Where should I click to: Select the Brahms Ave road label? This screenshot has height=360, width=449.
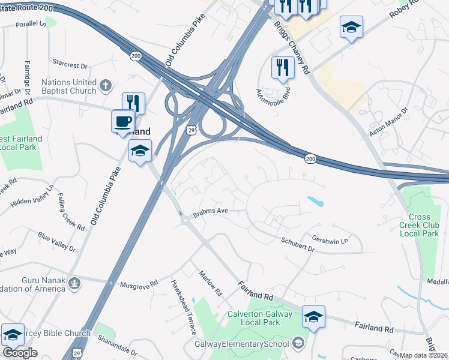[x=211, y=211]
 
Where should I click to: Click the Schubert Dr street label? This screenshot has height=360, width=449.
[x=298, y=244]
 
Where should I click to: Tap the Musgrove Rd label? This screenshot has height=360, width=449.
[x=139, y=283]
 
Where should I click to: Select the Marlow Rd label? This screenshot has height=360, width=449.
[x=211, y=284]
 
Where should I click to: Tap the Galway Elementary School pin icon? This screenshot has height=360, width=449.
[x=297, y=344]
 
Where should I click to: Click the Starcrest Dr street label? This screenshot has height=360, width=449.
[x=70, y=63]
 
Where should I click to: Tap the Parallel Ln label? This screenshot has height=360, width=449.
[x=31, y=24]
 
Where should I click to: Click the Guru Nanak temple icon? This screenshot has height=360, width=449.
[x=74, y=283]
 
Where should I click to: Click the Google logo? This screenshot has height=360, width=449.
[x=20, y=353]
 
